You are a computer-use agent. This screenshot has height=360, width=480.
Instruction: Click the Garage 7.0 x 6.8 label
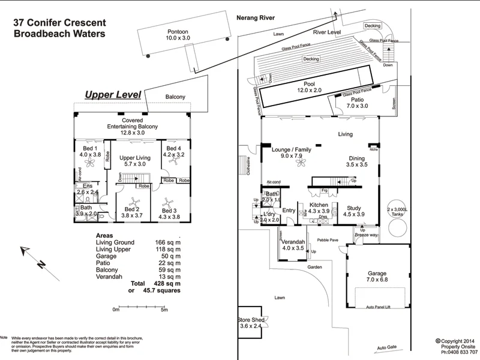(377, 276)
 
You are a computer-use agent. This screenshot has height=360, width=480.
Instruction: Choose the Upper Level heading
(113, 95)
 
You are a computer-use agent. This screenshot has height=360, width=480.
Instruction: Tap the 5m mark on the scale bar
(164, 310)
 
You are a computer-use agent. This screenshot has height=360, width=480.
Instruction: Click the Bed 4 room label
(174, 151)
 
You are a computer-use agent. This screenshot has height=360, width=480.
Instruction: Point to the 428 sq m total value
(164, 283)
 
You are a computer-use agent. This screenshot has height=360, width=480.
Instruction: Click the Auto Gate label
(387, 347)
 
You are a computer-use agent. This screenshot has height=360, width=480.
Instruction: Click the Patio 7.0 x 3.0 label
(357, 103)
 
